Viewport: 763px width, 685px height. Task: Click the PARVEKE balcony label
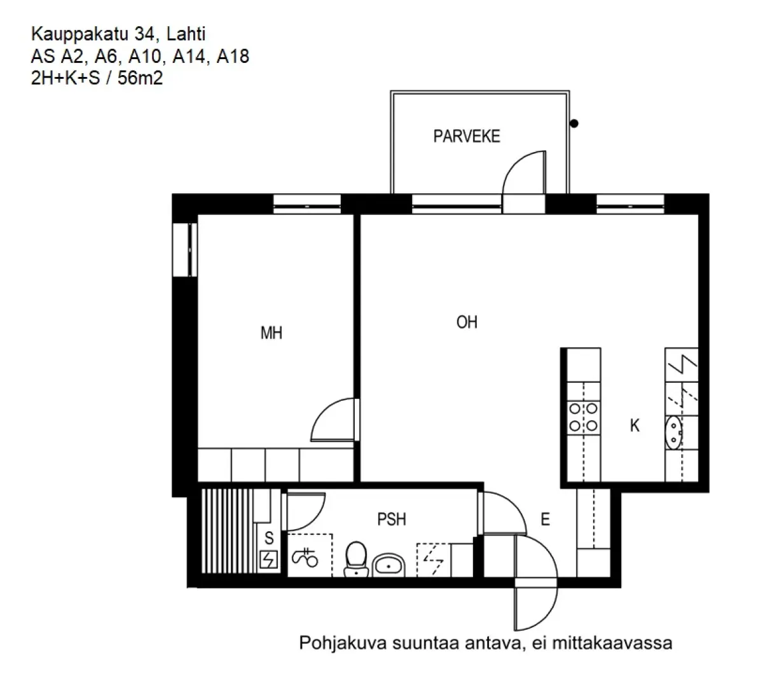[x=467, y=136]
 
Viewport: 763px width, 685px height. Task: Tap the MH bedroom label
[x=272, y=333]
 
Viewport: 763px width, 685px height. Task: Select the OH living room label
[x=467, y=322]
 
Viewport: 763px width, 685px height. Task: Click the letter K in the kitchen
[x=635, y=426]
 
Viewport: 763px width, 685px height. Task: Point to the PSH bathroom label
[x=392, y=520]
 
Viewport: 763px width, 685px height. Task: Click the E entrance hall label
[x=545, y=520]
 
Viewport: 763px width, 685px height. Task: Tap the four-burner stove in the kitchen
[x=583, y=417]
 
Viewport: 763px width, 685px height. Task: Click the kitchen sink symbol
[x=673, y=432]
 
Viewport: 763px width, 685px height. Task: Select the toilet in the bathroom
[x=356, y=558]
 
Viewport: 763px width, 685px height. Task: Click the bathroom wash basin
[x=388, y=564]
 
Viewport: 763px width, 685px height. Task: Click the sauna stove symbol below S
[x=270, y=560]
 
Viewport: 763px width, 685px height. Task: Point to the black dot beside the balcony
[x=574, y=124]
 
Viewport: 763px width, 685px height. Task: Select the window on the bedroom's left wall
[x=185, y=249]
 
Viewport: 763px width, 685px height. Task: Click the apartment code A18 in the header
[x=233, y=57]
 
